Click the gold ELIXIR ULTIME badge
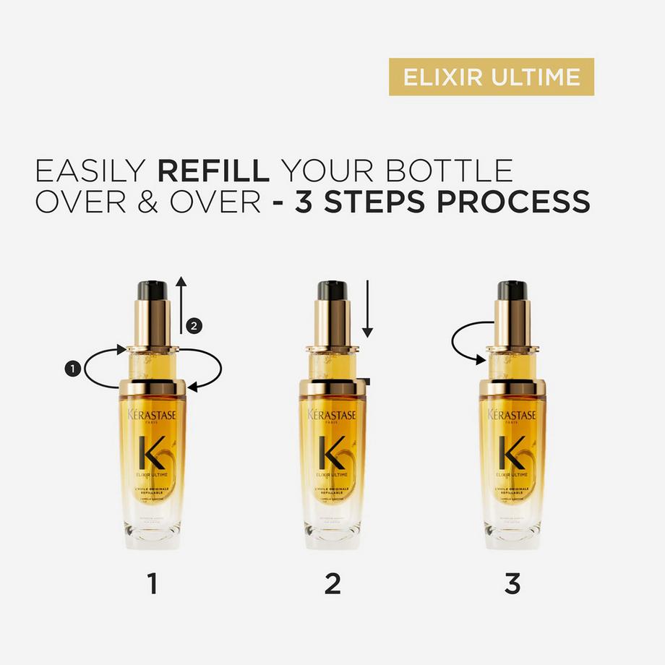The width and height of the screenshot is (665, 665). tap(492, 77)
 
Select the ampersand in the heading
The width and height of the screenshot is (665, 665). tap(141, 202)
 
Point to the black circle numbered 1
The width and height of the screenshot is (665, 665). tap(72, 369)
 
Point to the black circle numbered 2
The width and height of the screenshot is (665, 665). tap(193, 326)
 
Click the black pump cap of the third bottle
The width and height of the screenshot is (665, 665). tap(512, 291)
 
